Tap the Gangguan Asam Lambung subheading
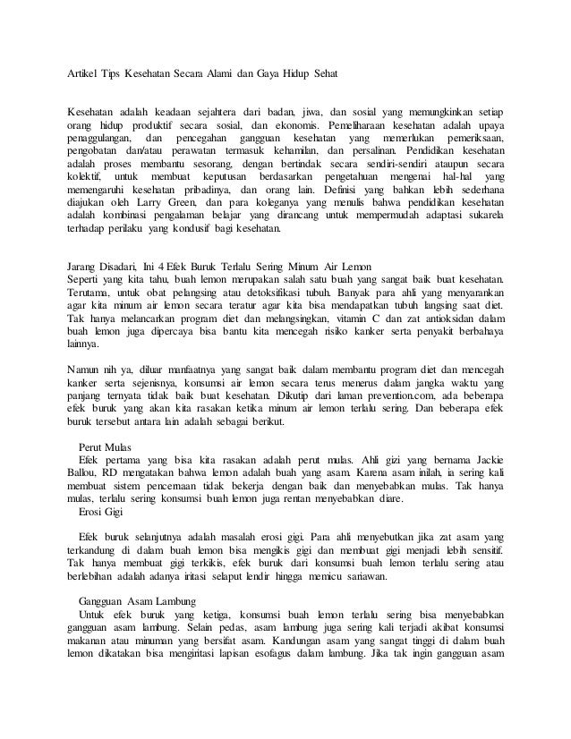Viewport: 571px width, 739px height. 132,600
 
